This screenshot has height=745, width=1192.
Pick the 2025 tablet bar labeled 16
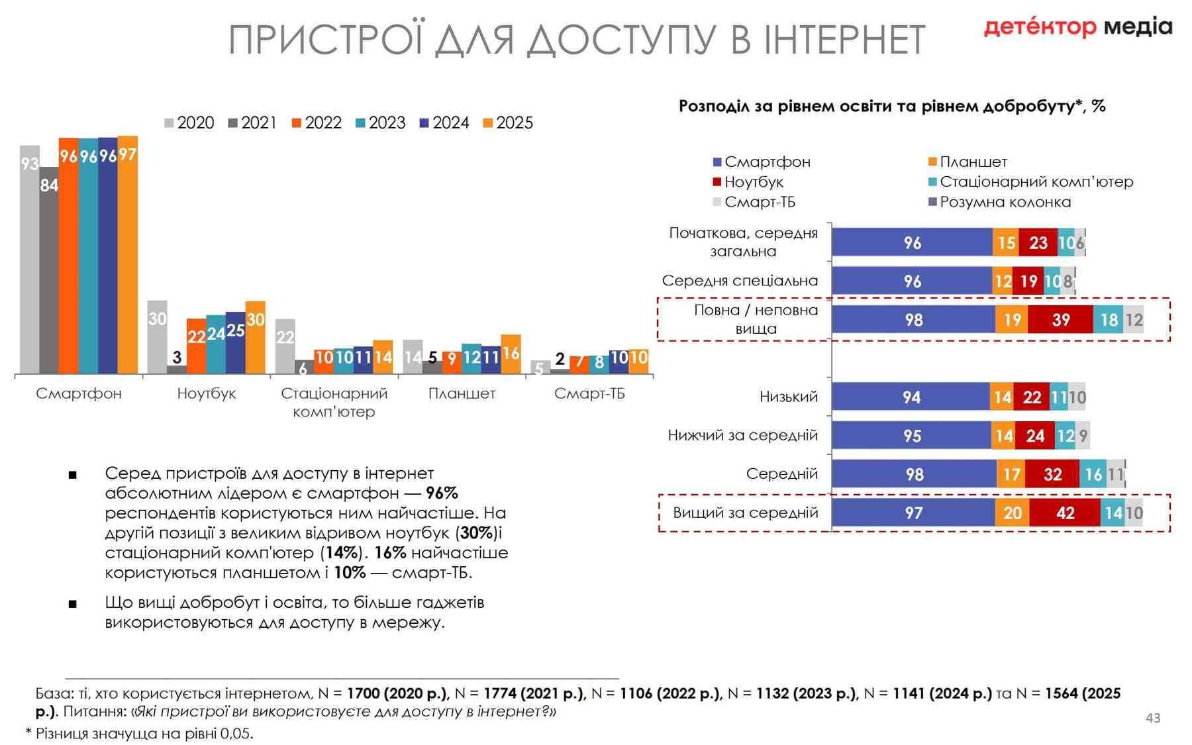click(511, 354)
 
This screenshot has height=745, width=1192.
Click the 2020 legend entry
click(189, 123)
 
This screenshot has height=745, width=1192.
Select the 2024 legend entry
click(444, 123)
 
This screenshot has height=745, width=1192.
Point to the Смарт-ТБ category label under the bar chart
click(589, 393)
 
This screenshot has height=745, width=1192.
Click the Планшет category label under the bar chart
click(462, 393)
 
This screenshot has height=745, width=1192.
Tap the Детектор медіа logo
click(1077, 27)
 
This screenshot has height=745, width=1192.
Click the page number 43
click(1153, 718)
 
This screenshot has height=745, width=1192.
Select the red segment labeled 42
click(1065, 513)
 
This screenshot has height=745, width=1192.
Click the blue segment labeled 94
click(911, 397)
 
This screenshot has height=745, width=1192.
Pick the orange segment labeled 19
click(1012, 320)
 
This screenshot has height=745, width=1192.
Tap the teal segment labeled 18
click(1109, 320)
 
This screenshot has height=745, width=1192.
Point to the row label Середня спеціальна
click(740, 281)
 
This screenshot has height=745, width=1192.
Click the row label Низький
click(788, 397)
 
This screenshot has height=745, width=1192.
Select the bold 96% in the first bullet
click(442, 493)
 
